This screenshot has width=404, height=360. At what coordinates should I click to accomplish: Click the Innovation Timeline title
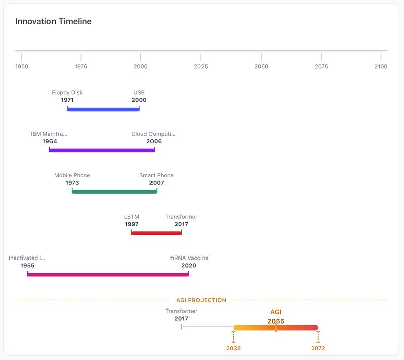point(53,21)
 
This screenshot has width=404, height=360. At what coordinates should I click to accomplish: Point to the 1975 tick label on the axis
point(81,66)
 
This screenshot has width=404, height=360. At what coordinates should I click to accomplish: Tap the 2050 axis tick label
point(261,66)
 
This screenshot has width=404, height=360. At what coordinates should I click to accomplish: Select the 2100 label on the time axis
point(381,66)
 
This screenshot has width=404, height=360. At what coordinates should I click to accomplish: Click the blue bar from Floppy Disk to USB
point(103,109)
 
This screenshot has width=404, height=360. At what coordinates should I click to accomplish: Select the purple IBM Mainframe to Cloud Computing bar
point(102,150)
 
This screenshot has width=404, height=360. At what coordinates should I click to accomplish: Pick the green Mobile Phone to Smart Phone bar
point(114,192)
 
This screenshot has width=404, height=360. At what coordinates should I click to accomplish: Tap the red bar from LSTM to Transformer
point(156,233)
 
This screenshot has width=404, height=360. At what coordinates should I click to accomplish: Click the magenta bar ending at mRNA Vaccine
point(108,274)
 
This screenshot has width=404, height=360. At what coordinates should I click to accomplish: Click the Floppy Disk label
point(67,93)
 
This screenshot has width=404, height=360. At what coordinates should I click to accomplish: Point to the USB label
point(139,93)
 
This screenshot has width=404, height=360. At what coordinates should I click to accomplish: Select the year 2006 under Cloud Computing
point(154,141)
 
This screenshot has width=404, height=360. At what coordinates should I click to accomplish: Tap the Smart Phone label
point(157,175)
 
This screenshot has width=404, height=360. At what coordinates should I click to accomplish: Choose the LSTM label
point(132,217)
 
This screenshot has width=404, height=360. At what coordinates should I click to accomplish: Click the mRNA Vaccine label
point(189,258)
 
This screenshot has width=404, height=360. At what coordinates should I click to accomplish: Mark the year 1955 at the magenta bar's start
point(27,266)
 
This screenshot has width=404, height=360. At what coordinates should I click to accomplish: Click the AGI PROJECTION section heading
point(201,300)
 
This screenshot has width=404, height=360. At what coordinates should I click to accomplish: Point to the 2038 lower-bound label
point(233,348)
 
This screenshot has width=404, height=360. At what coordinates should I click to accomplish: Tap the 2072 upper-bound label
point(318,348)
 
